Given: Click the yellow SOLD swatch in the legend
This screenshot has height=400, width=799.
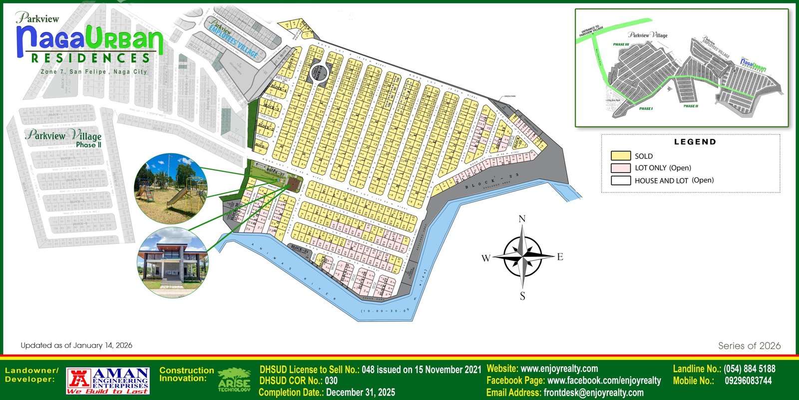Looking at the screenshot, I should click(x=620, y=156).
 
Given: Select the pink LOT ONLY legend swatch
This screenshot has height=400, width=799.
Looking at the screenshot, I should click(x=620, y=168).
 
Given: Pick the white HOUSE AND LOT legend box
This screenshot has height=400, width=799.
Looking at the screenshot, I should click(x=620, y=180).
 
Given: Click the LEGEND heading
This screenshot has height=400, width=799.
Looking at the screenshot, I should click(x=695, y=142).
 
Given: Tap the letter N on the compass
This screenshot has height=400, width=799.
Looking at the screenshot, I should click(x=522, y=219).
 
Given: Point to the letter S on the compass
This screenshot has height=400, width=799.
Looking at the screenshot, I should click(x=522, y=296).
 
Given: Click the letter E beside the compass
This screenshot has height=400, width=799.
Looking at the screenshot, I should click(x=560, y=257).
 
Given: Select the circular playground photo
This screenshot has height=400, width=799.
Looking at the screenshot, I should click(x=171, y=188).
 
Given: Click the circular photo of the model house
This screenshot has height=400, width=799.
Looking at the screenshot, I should click(x=172, y=262).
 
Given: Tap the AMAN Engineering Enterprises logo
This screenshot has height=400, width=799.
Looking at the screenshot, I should click(x=108, y=381).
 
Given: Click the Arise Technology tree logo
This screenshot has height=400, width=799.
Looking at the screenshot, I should click(x=234, y=380).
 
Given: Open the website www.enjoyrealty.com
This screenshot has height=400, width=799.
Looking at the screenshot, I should click(x=559, y=369).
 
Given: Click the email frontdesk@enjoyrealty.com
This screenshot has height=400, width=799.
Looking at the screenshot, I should click(x=593, y=392).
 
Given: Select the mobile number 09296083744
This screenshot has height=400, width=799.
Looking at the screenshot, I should click(x=748, y=381).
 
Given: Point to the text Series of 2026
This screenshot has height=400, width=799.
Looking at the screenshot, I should click(x=749, y=346).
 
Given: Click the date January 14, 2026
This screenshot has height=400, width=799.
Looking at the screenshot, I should click(x=102, y=345).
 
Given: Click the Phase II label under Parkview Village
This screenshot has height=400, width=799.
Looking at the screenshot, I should click(x=88, y=145).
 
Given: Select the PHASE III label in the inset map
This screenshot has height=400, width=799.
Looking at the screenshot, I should click(x=621, y=44).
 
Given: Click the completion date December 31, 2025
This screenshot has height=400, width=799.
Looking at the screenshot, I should click(x=360, y=392).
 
